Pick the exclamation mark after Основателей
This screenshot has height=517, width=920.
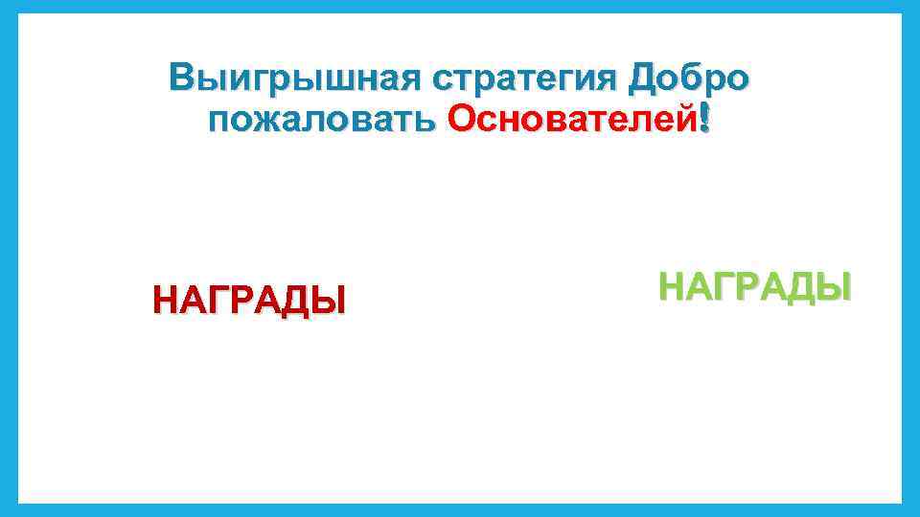coord(706,120)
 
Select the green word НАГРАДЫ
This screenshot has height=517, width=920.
coord(754,285)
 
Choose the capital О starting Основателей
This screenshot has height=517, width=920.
coord(462,120)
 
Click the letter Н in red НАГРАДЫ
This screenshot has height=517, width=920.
coord(166,300)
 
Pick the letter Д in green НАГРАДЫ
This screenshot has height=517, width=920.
coord(803,286)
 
